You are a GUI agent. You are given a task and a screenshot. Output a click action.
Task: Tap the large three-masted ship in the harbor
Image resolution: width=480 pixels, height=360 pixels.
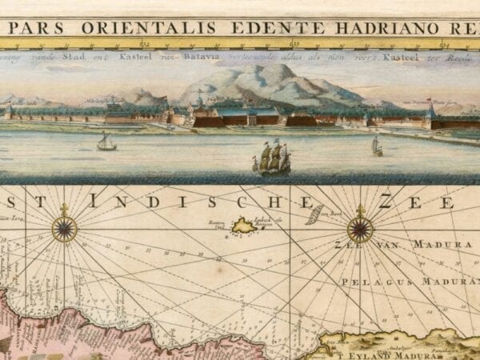click(272, 158)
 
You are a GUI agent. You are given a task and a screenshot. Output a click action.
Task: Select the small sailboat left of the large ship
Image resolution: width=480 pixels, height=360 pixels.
click(106, 142)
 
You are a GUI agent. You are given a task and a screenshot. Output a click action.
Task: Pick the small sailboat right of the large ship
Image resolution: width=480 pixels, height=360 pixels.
click(376, 146)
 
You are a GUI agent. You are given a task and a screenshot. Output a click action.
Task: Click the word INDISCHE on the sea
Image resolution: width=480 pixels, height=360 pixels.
click(163, 202)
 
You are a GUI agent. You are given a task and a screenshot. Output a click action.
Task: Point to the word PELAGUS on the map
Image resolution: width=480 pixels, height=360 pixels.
click(367, 282)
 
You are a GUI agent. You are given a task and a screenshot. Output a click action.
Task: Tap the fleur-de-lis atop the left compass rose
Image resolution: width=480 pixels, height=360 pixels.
click(64, 210)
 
